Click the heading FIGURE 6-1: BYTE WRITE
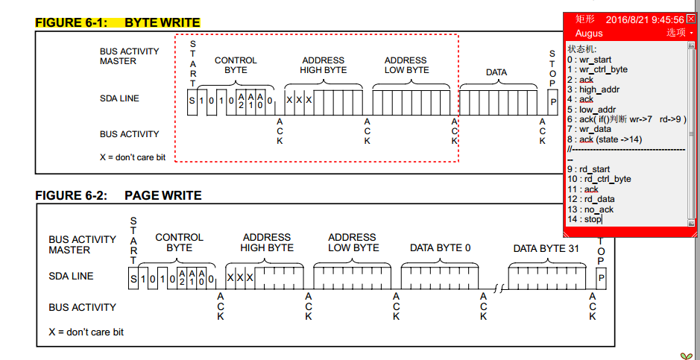pos(118,22)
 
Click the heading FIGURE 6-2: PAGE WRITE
pos(118,195)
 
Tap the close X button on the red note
pos(690,19)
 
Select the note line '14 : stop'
pos(584,219)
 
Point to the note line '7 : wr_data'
pos(589,129)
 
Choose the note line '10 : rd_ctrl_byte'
pos(599,179)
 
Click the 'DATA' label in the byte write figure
pos(496,72)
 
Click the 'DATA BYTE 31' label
pos(546,248)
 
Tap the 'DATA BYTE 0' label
pos(440,248)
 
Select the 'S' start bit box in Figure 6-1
pos(192,101)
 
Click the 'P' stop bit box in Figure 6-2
pos(601,279)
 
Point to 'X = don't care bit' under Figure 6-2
pos(86,332)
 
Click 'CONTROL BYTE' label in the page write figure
pos(179,242)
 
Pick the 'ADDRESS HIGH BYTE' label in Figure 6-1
pos(323,65)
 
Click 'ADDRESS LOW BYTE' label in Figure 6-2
pos(353,242)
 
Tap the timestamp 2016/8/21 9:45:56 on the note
pos(645,19)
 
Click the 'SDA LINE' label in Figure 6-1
pos(119,98)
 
